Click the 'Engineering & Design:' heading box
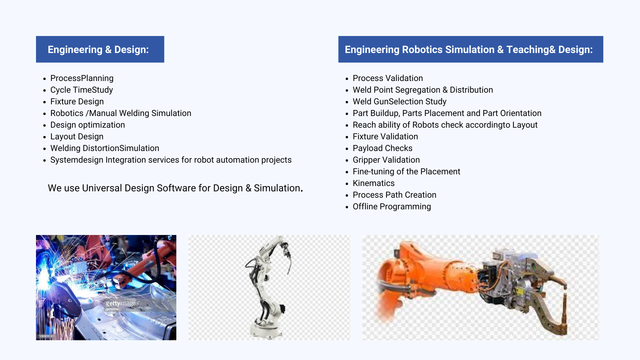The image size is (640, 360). pyautogui.click(x=100, y=49)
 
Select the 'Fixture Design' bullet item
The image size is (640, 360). pyautogui.click(x=77, y=102)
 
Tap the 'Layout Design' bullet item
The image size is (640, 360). pyautogui.click(x=77, y=137)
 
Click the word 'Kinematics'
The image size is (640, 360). pyautogui.click(x=374, y=183)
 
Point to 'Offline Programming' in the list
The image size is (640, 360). pyautogui.click(x=392, y=207)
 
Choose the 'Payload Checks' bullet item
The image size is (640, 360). pyautogui.click(x=383, y=148)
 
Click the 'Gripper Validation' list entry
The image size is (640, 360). pyautogui.click(x=386, y=160)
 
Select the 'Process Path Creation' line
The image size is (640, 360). pyautogui.click(x=394, y=195)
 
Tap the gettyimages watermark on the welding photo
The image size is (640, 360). pyautogui.click(x=122, y=304)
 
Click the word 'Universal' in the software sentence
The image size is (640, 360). pyautogui.click(x=102, y=188)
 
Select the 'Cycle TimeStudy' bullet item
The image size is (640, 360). pyautogui.click(x=82, y=90)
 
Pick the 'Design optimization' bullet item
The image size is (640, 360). pyautogui.click(x=88, y=125)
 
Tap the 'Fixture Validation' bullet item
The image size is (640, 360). pyautogui.click(x=385, y=137)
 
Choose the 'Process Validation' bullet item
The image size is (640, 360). pyautogui.click(x=388, y=78)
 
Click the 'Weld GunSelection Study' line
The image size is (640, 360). pyautogui.click(x=400, y=102)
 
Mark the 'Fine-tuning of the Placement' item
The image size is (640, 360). pyautogui.click(x=406, y=172)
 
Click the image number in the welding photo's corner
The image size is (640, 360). pyautogui.click(x=46, y=336)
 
